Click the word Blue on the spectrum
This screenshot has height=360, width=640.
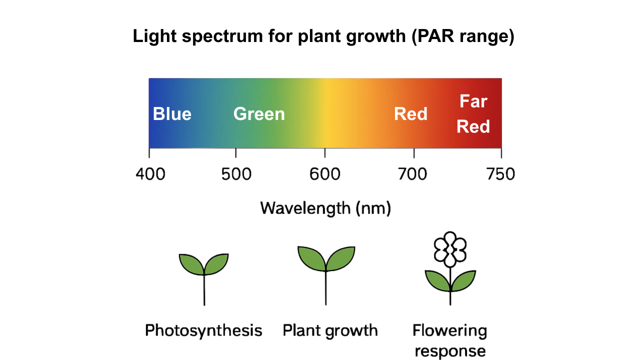(x=172, y=114)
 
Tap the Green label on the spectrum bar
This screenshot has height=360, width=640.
(x=259, y=114)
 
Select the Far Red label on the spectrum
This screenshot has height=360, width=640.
(x=473, y=114)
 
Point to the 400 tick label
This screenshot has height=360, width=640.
(x=150, y=174)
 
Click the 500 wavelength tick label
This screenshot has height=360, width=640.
(x=235, y=174)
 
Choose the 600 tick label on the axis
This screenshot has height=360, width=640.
(x=325, y=174)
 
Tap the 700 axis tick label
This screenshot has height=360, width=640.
(x=413, y=174)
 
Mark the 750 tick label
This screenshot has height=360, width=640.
(x=500, y=174)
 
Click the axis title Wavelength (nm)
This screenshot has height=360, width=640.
(x=325, y=207)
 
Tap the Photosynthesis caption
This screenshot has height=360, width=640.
(x=203, y=330)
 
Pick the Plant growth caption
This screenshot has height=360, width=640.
(x=330, y=330)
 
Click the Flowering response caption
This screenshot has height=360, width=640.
(x=450, y=340)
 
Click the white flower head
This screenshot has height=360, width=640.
(x=450, y=248)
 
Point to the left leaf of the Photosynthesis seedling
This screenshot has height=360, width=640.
(x=191, y=263)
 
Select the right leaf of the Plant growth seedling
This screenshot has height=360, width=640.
(x=341, y=257)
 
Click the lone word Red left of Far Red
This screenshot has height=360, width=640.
(x=410, y=114)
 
